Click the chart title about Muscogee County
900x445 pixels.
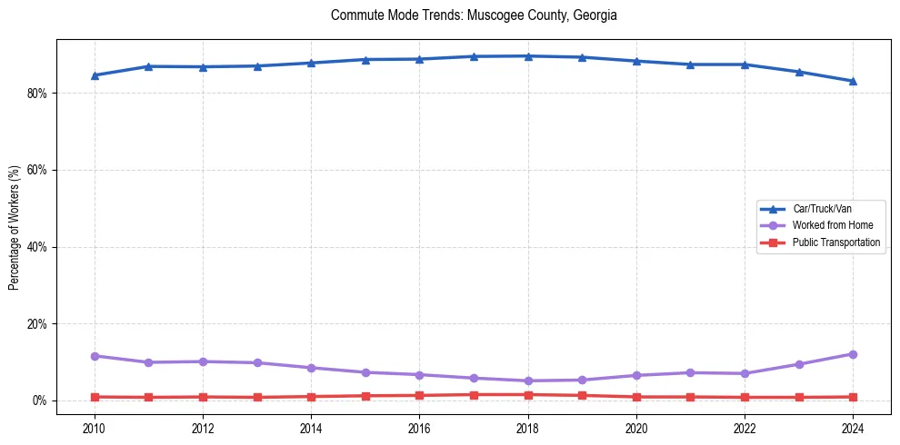pyautogui.click(x=474, y=15)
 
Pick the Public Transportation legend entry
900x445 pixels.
pyautogui.click(x=835, y=242)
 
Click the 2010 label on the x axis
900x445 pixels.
pyautogui.click(x=94, y=426)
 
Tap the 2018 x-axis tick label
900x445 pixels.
pyautogui.click(x=528, y=426)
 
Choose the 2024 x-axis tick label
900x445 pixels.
pyautogui.click(x=853, y=426)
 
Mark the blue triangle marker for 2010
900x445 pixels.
pyautogui.click(x=94, y=75)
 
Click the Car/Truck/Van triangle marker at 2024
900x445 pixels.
pyautogui.click(x=853, y=81)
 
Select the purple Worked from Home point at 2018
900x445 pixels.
pyautogui.click(x=528, y=381)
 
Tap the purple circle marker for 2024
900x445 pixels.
pyautogui.click(x=853, y=354)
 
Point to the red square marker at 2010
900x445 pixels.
pyautogui.click(x=94, y=397)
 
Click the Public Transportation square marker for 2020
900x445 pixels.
pyautogui.click(x=636, y=397)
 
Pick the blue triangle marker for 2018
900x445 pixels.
pyautogui.click(x=528, y=56)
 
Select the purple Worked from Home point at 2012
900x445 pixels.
pyautogui.click(x=203, y=361)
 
